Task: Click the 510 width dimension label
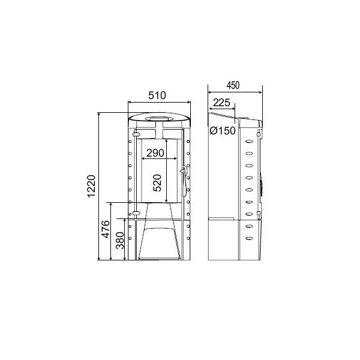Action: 157,95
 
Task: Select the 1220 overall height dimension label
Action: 91,186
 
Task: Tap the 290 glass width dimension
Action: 155,153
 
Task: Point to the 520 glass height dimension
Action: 157,183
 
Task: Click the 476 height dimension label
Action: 106,229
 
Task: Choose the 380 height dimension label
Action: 120,241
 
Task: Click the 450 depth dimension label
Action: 233,85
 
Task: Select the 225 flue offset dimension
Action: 221,103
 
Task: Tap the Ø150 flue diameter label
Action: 223,131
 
